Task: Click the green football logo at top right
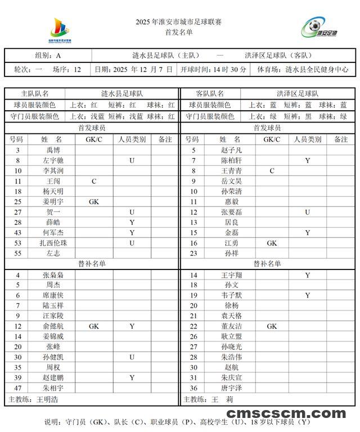click(x=319, y=28)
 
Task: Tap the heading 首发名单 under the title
click(x=179, y=33)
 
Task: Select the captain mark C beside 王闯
click(x=94, y=181)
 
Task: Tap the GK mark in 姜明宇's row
click(x=94, y=202)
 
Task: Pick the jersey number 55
click(x=17, y=253)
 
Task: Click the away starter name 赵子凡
click(x=231, y=150)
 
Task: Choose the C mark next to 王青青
click(x=272, y=171)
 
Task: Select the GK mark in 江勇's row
click(x=272, y=243)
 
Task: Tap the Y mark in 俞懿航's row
click(x=132, y=326)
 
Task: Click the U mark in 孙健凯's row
click(x=132, y=357)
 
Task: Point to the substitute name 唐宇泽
click(x=231, y=388)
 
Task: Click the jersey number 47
click(x=17, y=388)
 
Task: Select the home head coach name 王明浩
click(x=47, y=399)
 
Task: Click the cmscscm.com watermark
click(x=286, y=414)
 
